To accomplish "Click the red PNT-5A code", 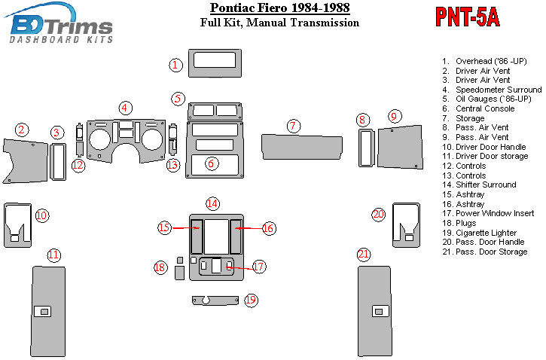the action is (468, 17).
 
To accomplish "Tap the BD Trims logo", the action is (59, 23).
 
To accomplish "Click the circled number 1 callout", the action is (175, 65).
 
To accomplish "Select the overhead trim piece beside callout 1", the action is (215, 63).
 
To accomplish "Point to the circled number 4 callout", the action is (125, 108).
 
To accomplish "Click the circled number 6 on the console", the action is (211, 163).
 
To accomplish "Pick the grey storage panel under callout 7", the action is (302, 147).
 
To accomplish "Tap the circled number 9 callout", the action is (394, 116).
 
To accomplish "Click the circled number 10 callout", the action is (41, 215).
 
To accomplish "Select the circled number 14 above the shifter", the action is (212, 203).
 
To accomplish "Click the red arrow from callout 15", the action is (185, 228).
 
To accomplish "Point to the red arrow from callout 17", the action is (240, 268).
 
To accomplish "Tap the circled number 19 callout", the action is (251, 300).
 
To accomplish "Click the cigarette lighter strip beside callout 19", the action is (215, 301).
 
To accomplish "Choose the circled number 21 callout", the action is (364, 254).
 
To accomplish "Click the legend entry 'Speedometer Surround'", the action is (499, 90).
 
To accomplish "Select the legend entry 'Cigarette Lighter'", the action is (486, 233).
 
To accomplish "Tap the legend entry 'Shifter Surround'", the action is (486, 185).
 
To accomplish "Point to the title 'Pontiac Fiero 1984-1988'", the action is (280, 8).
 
